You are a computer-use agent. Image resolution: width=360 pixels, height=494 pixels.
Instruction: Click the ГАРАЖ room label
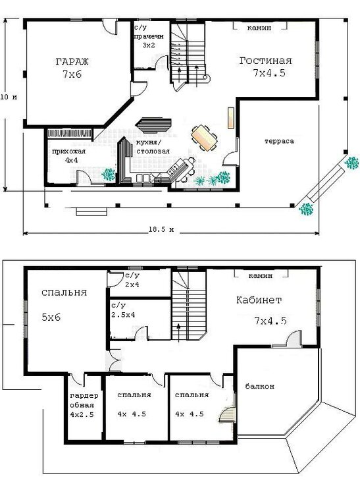pos(72,61)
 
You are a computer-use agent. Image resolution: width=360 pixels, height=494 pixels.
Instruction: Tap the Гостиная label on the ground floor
pos(266,60)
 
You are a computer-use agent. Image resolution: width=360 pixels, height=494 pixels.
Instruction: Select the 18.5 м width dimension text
pos(161,229)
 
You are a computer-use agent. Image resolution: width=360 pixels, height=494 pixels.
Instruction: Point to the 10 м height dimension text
pos(9,97)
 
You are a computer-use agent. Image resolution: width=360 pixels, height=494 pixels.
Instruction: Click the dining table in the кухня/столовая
pos(204,138)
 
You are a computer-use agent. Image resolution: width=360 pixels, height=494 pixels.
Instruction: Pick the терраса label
pos(279,141)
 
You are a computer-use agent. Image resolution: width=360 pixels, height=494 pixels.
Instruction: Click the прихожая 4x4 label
pos(68,155)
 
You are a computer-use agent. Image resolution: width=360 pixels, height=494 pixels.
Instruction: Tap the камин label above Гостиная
pos(259,28)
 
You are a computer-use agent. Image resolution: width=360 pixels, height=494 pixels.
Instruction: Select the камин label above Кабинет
pos(260,276)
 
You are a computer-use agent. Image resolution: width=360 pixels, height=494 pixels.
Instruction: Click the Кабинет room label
pos(259,300)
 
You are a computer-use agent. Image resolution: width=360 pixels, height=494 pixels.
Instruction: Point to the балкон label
pos(259,386)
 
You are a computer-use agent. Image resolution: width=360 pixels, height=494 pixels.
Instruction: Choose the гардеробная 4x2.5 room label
pos(84,405)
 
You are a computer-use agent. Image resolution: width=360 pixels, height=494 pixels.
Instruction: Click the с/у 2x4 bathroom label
pos(132,280)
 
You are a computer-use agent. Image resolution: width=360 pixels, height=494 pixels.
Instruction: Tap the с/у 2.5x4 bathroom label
pos(123,310)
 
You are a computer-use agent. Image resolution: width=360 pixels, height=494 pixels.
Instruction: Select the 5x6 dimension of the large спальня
pos(51,317)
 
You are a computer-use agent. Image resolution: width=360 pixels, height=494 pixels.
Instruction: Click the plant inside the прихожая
pos(108,175)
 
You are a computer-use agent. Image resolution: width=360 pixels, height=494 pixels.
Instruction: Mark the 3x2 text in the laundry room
pos(149,45)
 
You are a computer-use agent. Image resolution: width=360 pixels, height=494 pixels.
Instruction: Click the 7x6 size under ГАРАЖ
pos(72,74)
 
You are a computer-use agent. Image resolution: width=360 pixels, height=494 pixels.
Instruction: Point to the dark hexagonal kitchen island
pos(153,125)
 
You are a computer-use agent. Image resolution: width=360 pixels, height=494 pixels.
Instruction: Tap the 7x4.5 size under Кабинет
pos(270,321)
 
